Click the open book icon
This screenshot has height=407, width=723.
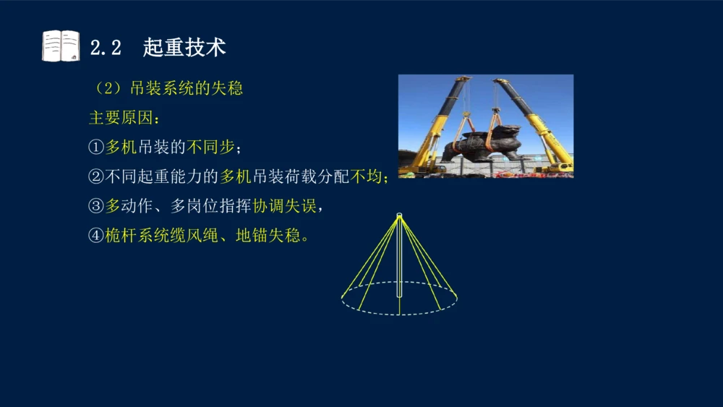point(61,46)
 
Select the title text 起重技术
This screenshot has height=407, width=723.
point(184,47)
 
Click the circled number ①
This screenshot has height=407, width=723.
point(96,147)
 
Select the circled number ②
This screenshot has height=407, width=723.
point(96,176)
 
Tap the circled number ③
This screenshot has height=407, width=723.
point(96,206)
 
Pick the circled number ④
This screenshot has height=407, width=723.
point(96,236)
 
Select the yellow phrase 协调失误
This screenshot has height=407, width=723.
point(284,206)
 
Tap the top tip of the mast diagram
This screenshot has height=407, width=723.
point(399,215)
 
